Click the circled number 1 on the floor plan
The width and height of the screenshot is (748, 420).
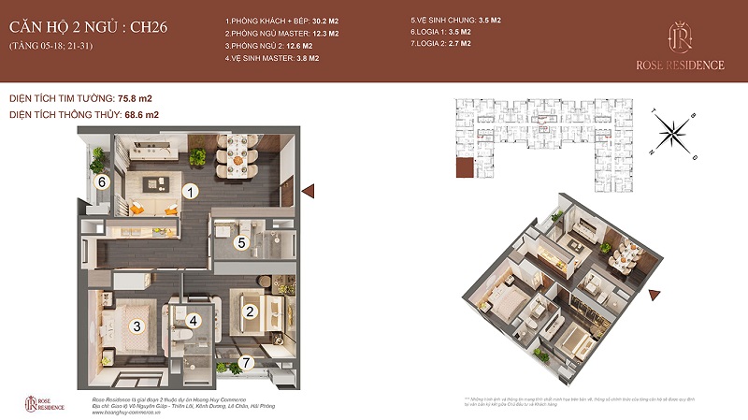(190, 192)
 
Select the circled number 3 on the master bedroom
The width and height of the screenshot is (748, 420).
(137, 326)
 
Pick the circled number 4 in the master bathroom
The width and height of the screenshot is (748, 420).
(194, 321)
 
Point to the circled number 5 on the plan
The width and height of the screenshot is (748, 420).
(240, 243)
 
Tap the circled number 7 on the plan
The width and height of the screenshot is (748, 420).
(247, 363)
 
